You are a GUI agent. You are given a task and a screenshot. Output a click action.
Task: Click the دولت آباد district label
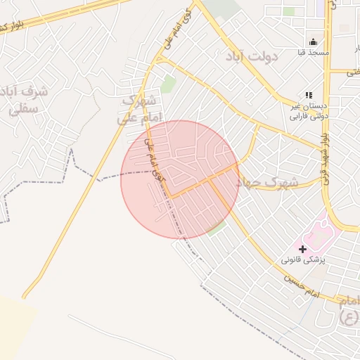252,56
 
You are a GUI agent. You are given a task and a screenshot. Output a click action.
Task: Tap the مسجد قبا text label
313,53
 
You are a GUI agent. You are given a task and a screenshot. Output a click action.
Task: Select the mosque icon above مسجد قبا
313,41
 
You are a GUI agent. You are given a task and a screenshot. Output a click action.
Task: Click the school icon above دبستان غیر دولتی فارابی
308,95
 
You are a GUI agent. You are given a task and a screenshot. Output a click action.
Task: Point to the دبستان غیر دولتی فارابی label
309,110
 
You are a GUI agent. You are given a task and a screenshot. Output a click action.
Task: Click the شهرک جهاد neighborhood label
266,182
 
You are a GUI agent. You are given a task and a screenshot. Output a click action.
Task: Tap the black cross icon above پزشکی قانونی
302,249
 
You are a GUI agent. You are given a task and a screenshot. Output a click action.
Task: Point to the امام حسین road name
302,285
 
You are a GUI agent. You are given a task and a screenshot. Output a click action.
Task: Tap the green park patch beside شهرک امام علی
168,84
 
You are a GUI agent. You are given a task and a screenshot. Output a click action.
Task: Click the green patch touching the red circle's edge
218,229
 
